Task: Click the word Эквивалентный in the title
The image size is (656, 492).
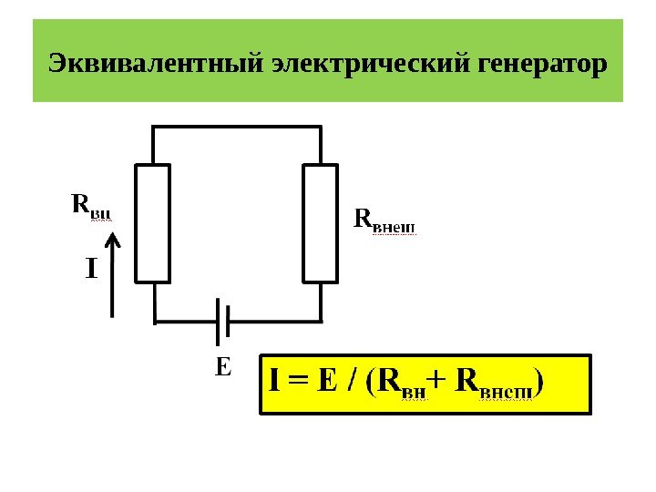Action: point(158,65)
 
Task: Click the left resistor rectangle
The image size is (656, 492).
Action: point(153,223)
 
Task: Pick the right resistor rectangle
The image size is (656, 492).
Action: point(321,223)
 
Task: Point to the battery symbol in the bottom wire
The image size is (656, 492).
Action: point(221,321)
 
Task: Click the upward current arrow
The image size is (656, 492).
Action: point(112,273)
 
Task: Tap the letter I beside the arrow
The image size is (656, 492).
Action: point(90,269)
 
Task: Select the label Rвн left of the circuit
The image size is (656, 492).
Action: point(91,205)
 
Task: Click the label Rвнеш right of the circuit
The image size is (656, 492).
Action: point(383,220)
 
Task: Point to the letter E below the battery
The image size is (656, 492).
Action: point(223,369)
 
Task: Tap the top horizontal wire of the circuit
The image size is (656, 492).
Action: point(237,128)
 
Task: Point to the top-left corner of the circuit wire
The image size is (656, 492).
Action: point(153,128)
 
